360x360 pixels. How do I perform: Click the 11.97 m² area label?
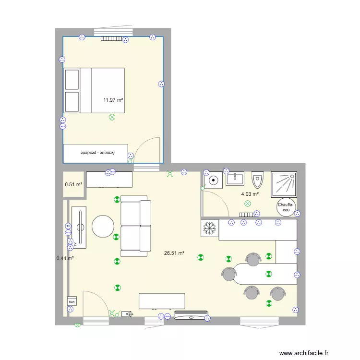[x=113, y=100]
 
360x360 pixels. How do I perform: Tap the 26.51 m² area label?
[x=174, y=253]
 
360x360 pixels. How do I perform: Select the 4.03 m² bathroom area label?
[x=250, y=194]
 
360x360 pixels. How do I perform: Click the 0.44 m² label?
[x=65, y=258]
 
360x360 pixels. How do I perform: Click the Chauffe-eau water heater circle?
[x=287, y=207]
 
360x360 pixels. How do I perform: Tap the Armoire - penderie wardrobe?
[x=96, y=153]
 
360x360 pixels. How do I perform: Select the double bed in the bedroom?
[x=95, y=91]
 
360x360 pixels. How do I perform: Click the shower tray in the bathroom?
[x=286, y=183]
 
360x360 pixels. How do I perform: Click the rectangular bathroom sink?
[x=235, y=180]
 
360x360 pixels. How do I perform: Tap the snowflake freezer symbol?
[x=209, y=228]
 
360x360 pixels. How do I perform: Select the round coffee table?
[x=103, y=226]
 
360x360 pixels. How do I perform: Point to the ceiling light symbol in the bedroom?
[x=112, y=117]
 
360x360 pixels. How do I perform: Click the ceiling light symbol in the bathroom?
[x=248, y=204]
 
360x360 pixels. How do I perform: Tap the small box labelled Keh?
[x=72, y=301]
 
